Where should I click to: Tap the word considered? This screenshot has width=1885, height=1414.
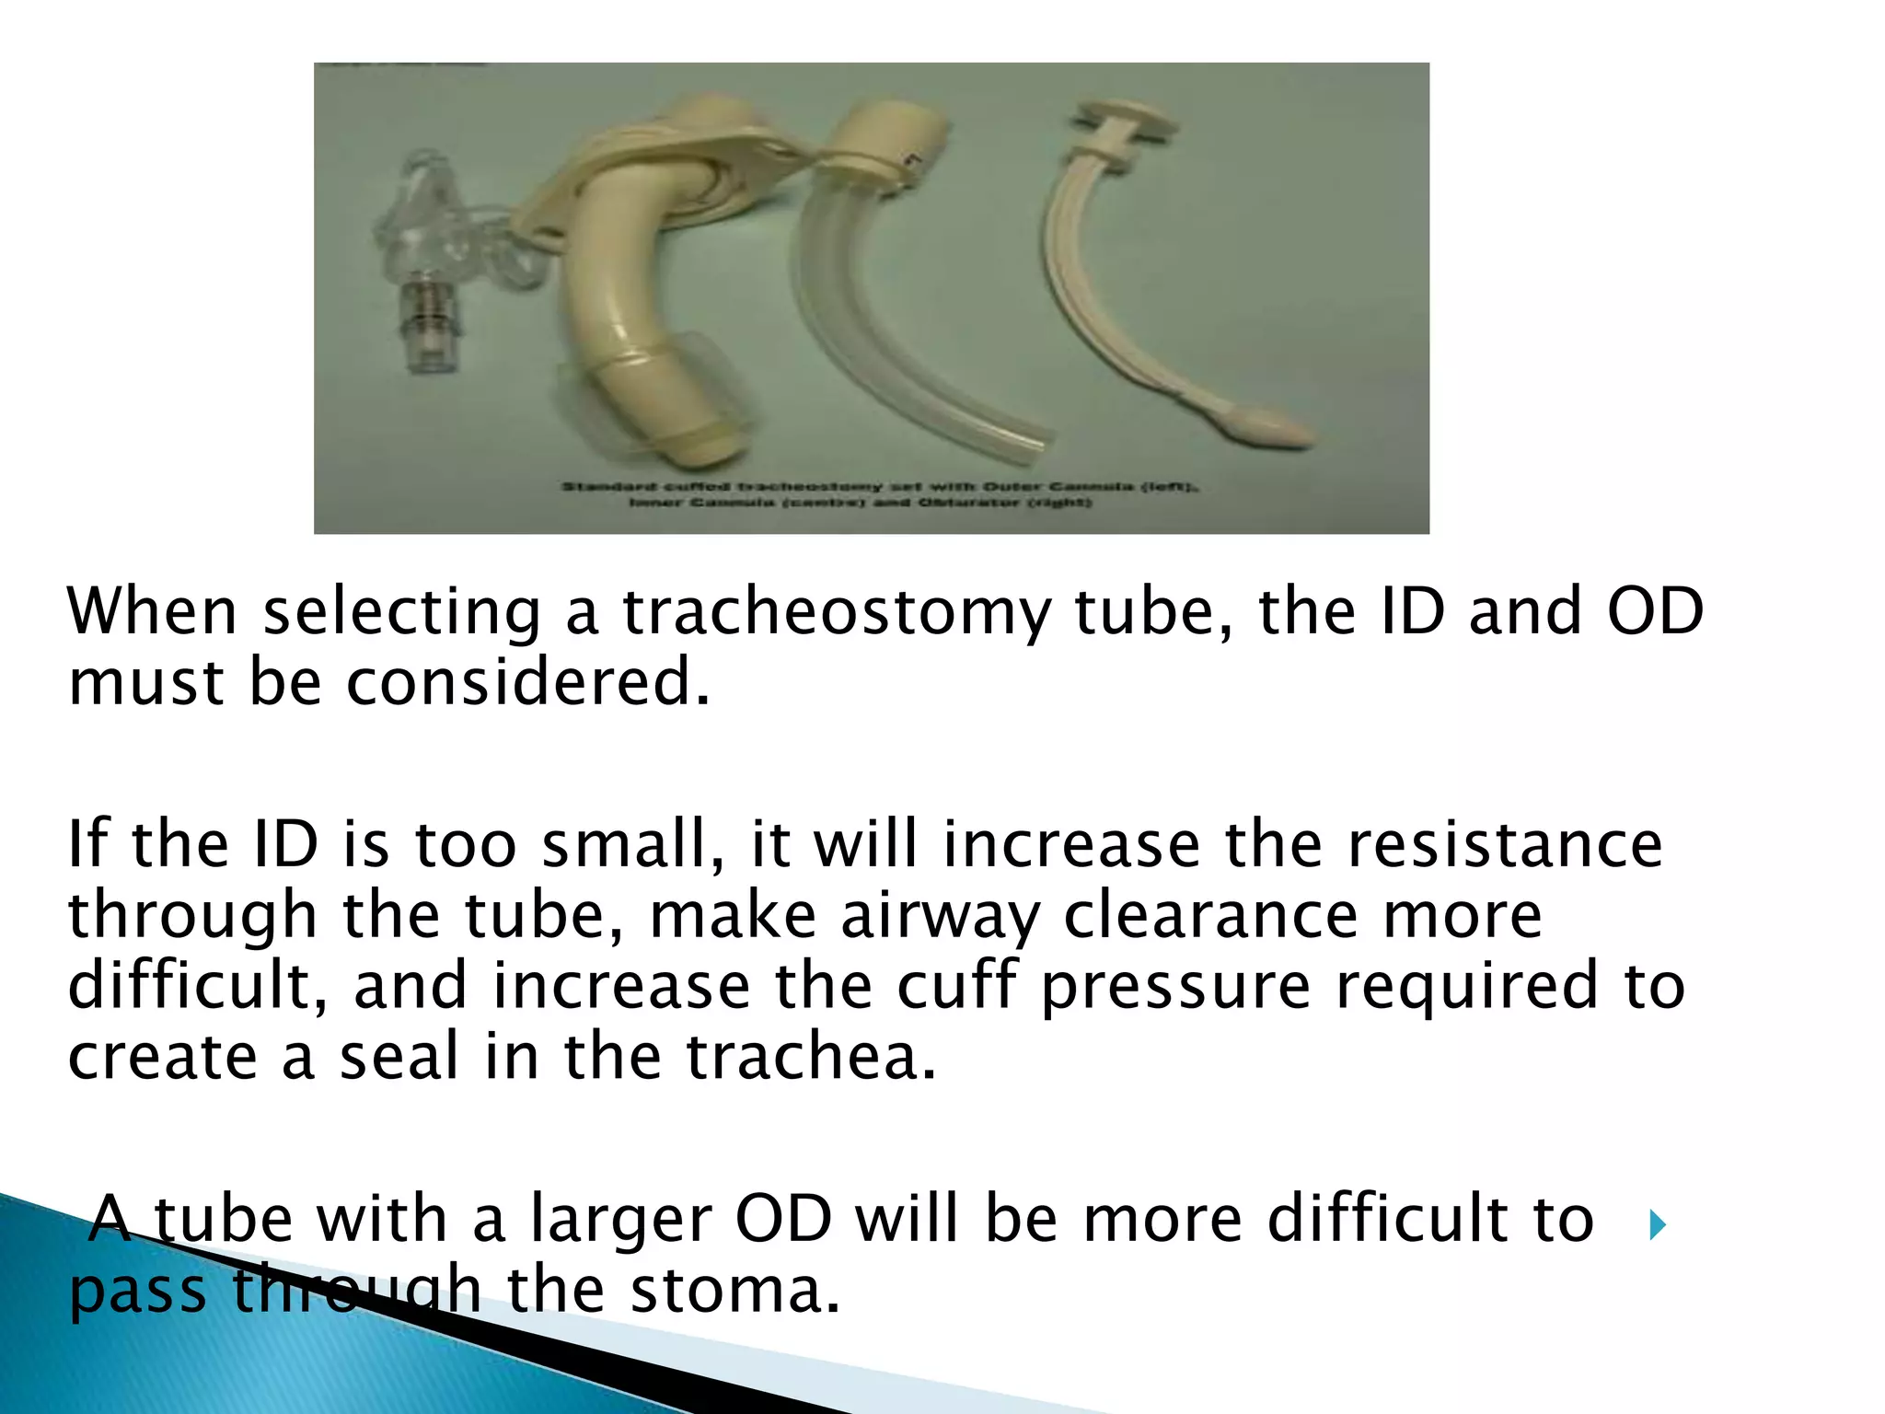(526, 683)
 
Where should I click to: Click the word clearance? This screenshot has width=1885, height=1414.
(1210, 916)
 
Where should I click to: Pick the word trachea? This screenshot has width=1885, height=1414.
(810, 1057)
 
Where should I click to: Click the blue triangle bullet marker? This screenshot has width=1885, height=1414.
(1658, 1225)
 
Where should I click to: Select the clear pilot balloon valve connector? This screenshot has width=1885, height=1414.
(424, 328)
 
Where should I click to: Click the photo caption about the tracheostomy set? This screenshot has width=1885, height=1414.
(879, 494)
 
